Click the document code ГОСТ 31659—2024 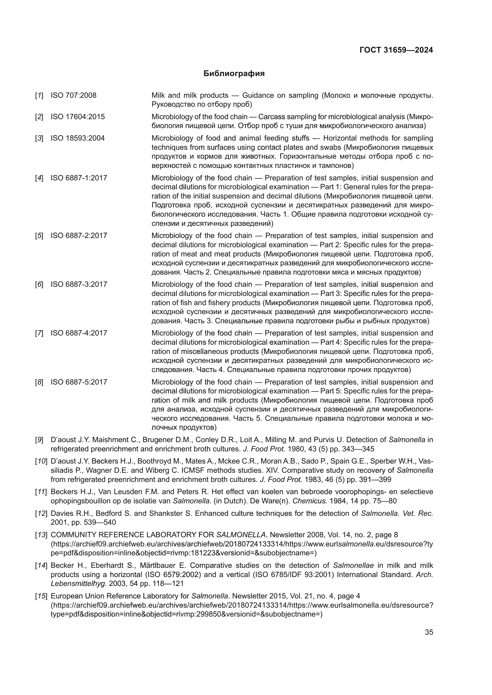tap(396, 50)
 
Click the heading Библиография tap(234, 74)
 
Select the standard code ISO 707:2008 tap(73, 95)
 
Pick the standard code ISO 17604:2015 tap(78, 117)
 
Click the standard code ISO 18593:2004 tap(78, 138)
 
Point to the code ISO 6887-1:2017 tap(79, 178)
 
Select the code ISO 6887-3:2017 tap(79, 284)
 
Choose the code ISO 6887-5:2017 tap(79, 382)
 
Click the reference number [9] tap(39, 440)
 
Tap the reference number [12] tap(40, 513)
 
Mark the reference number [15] tap(40, 596)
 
